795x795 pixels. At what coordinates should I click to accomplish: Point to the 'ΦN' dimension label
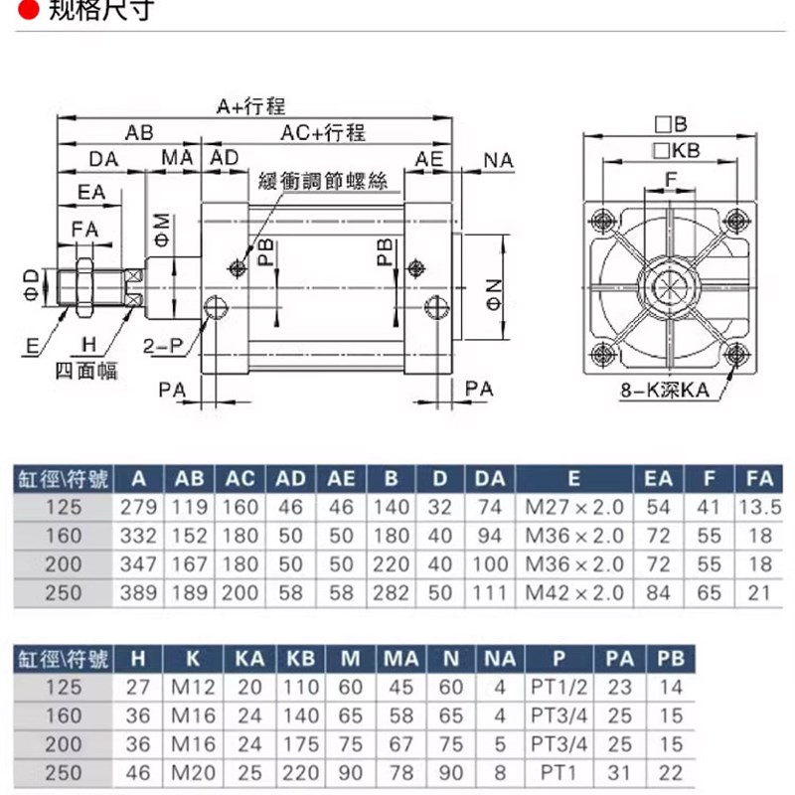tap(496, 294)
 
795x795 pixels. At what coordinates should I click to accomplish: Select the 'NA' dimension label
tap(498, 159)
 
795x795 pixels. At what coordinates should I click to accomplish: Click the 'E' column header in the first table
tap(573, 478)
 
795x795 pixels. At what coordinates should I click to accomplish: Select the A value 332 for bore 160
tap(138, 536)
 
